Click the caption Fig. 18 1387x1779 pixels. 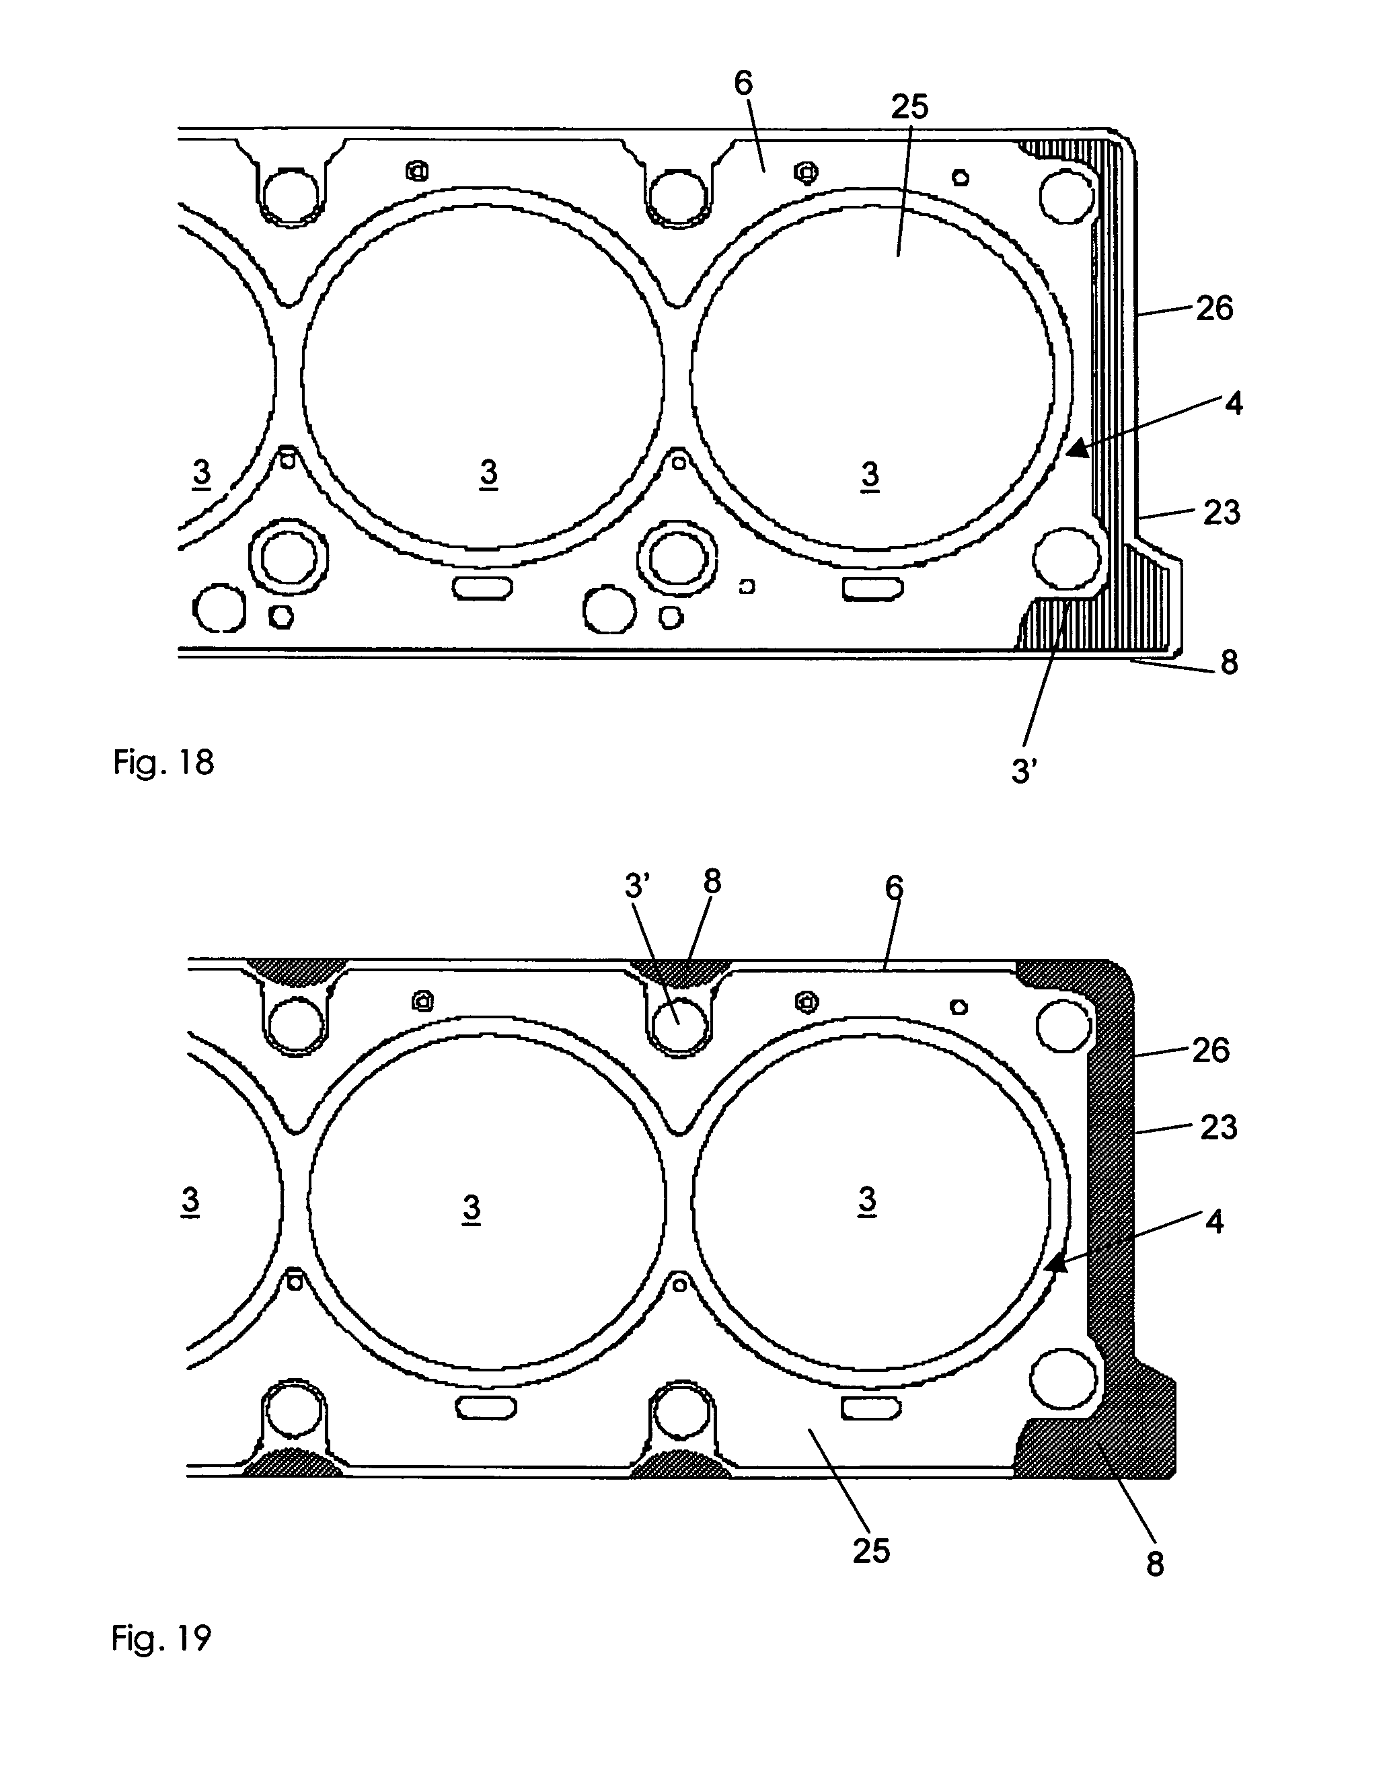click(x=163, y=763)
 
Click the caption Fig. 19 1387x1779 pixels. click(x=161, y=1637)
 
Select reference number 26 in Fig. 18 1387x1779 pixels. click(x=1213, y=309)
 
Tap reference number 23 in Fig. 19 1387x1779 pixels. click(x=1217, y=1127)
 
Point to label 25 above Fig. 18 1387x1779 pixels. click(x=909, y=107)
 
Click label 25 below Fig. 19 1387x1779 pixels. click(x=870, y=1551)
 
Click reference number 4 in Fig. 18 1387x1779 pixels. click(x=1234, y=403)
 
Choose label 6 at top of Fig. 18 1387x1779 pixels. click(x=743, y=83)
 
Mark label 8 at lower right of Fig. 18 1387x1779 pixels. click(x=1228, y=663)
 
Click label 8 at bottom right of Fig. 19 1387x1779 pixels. click(x=1154, y=1564)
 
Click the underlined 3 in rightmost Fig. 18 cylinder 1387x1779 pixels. click(x=870, y=474)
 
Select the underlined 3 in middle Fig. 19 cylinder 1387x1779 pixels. click(x=472, y=1209)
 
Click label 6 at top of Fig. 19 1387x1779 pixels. click(x=893, y=888)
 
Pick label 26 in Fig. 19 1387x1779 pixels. click(x=1210, y=1051)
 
